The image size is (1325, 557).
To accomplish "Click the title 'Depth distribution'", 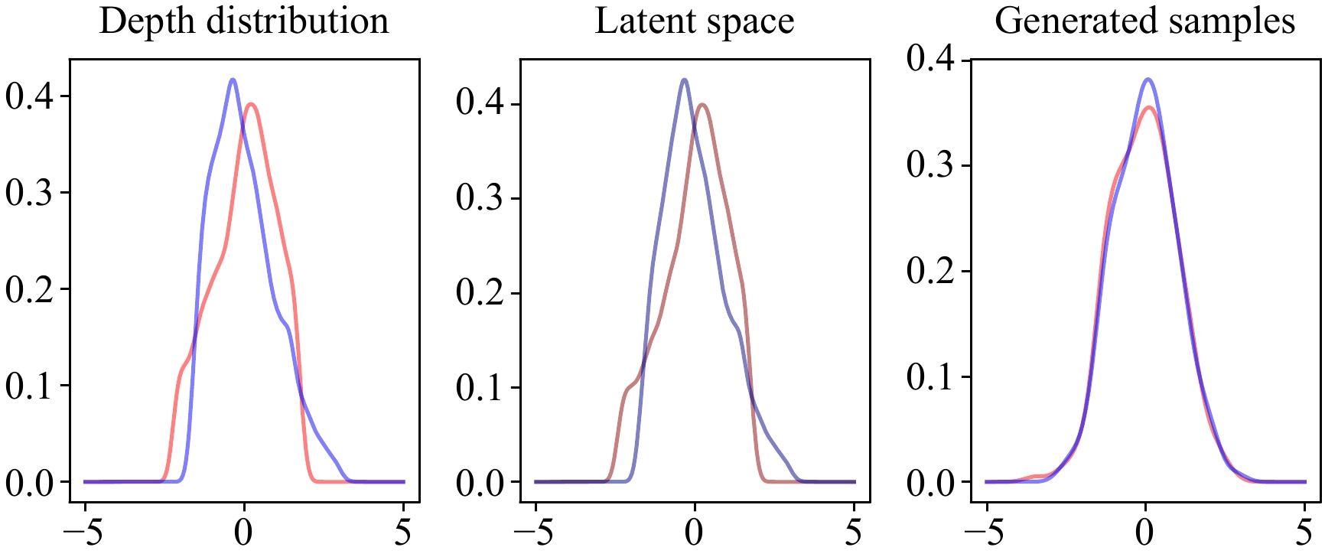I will point(244,21).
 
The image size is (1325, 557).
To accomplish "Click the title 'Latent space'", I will point(695,21).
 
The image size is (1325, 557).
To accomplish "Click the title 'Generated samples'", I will point(1144,21).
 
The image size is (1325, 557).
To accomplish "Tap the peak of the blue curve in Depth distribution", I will point(233,80).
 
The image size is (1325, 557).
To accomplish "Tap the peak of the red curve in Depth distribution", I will point(251,105).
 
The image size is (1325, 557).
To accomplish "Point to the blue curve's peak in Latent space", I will point(684,80).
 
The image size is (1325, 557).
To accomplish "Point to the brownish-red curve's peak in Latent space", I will point(702,105).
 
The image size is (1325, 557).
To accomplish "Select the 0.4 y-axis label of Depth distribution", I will point(29,96).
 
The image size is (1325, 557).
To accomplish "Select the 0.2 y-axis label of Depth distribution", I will point(29,289).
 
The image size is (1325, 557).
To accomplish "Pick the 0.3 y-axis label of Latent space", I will point(480,198).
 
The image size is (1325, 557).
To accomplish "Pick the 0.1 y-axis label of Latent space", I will point(480,388).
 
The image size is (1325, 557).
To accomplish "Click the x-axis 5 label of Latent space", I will point(854,533).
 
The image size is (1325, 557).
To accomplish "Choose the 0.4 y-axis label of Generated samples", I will point(930,58).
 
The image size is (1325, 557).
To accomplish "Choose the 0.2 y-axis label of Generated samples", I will point(930,271).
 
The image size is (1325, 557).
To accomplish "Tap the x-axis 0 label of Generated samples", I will point(1145,533).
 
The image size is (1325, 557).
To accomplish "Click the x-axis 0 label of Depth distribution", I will point(244,533).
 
